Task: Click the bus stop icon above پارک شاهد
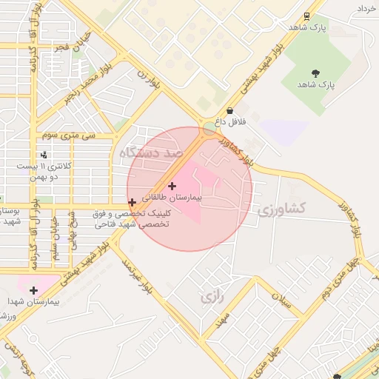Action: point(306,16)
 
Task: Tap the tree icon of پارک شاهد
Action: point(316,73)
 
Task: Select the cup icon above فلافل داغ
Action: point(229,110)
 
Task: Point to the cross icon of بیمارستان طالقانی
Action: point(172,186)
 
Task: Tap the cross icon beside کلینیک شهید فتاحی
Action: point(132,202)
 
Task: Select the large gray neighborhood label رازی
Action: point(212,298)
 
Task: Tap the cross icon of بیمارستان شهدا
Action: point(33,290)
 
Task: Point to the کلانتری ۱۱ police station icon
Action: point(45,155)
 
